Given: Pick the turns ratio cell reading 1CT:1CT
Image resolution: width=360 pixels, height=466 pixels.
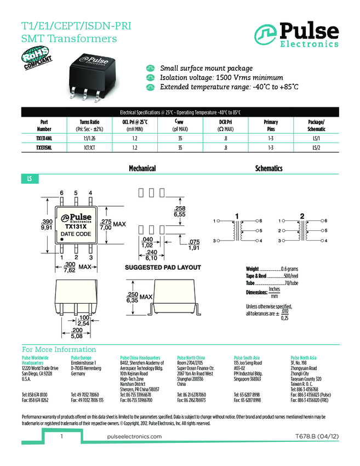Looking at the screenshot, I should tap(92, 147).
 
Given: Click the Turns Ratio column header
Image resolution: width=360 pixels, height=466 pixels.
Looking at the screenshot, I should tap(92, 122).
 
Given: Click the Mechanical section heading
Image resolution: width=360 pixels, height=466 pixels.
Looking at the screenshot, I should tap(142, 168).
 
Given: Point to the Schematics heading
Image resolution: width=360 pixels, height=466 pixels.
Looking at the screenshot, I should tap(269, 168).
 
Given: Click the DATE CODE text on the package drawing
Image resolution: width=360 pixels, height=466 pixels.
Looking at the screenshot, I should tap(76, 234).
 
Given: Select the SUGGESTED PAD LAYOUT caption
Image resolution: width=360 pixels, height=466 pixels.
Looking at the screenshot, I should tap(163, 268).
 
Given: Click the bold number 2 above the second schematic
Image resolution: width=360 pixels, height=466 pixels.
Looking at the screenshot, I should tap(302, 214).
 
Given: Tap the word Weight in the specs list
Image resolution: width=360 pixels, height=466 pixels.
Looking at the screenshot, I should tap(252, 269).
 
